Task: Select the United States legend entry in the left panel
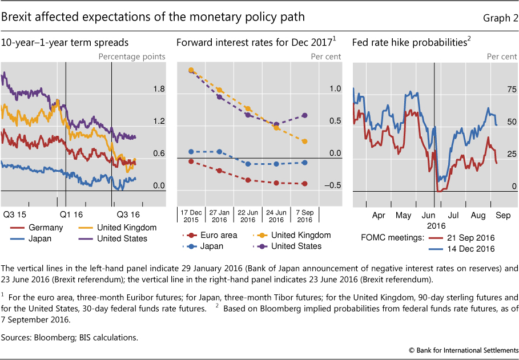click(122, 238)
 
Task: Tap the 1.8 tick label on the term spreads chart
click(159, 90)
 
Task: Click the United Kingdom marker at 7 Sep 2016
click(304, 141)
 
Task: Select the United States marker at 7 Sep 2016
click(304, 115)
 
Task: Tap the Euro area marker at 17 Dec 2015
click(191, 161)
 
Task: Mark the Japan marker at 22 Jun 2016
click(248, 164)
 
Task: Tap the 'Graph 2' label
click(500, 18)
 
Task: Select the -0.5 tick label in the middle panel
click(333, 185)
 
